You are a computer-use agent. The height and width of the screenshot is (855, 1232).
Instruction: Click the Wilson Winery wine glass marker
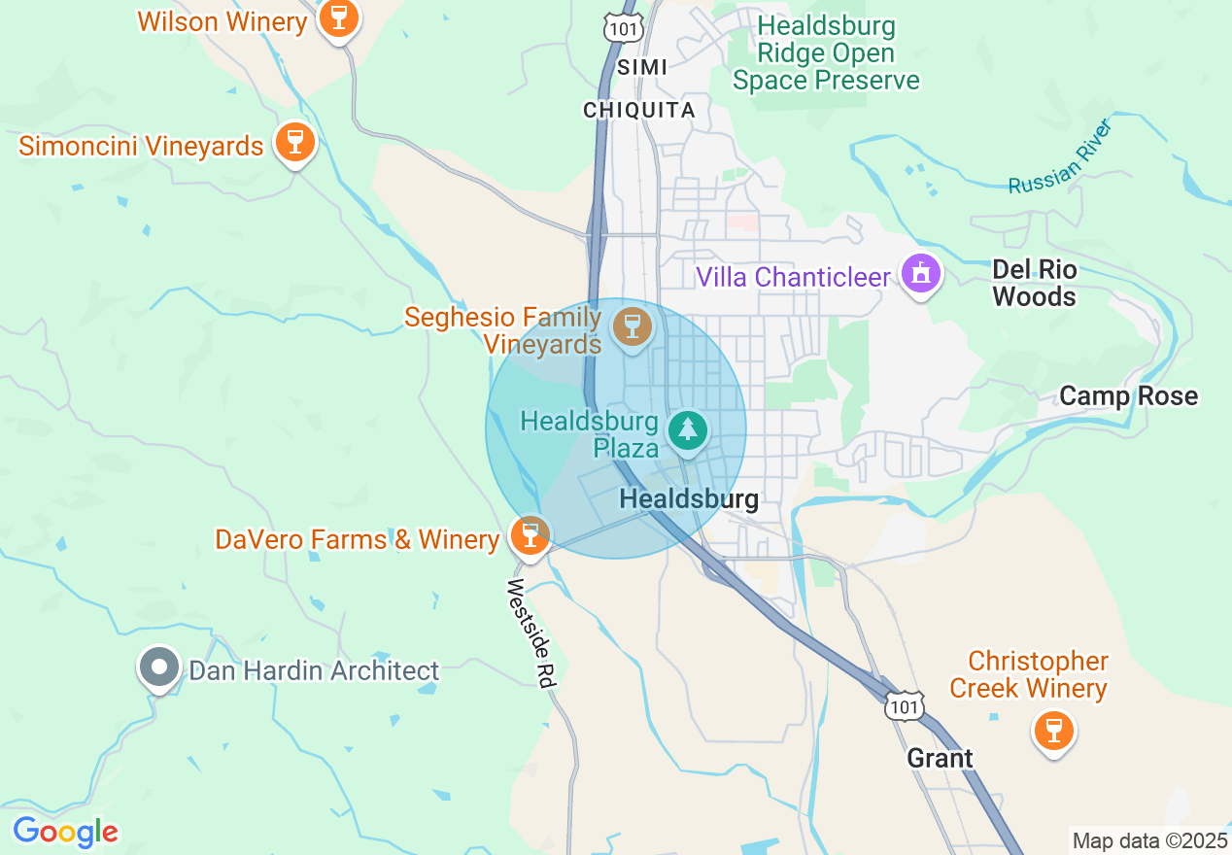(338, 17)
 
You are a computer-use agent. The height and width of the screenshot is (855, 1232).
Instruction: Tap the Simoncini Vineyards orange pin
(295, 142)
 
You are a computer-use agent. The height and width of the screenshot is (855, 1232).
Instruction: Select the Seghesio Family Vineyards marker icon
(633, 325)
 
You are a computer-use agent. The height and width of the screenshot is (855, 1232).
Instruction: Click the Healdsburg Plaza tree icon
(688, 428)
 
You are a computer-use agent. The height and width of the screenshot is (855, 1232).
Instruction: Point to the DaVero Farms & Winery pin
(530, 534)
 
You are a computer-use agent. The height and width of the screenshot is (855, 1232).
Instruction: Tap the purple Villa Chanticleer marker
(920, 273)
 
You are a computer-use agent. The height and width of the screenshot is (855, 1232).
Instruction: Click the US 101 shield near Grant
(904, 705)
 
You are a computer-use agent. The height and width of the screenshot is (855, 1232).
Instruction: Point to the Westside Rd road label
(530, 634)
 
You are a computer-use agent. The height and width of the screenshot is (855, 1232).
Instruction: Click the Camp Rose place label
(1128, 396)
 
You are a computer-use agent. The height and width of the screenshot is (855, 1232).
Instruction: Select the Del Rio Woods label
(1035, 283)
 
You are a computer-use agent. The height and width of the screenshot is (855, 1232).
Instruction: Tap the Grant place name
(940, 758)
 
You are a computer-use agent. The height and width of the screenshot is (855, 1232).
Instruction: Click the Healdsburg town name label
(689, 499)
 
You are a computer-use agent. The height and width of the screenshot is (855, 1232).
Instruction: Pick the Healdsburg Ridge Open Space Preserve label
(826, 52)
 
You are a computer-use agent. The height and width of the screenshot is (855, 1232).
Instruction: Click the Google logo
(65, 833)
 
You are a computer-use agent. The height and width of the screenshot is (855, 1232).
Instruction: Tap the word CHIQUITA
(639, 111)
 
